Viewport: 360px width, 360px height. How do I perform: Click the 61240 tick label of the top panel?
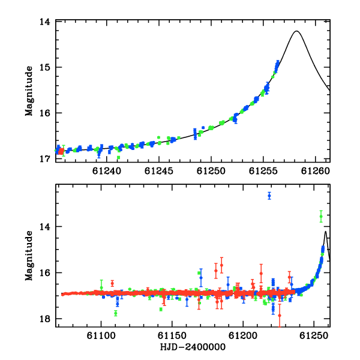[x=107, y=171]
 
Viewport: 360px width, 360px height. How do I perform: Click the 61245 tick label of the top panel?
[x=158, y=171]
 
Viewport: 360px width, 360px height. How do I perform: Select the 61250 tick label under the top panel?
[x=211, y=171]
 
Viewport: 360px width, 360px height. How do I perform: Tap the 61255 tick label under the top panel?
[x=263, y=171]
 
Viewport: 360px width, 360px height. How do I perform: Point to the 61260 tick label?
[x=316, y=171]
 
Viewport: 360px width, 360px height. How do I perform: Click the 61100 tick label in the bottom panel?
[x=101, y=335]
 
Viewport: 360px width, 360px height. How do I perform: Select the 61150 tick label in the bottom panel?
[x=172, y=335]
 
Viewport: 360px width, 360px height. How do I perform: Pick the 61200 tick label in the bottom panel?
[x=243, y=335]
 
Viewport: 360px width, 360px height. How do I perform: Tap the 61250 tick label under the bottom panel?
[x=314, y=335]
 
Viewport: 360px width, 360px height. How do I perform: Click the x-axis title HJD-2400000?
[x=193, y=347]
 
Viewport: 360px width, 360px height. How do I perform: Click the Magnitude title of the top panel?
[x=29, y=91]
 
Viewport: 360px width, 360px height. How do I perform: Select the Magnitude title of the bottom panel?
[x=29, y=256]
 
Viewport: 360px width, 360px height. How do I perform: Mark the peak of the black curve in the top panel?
[x=296, y=31]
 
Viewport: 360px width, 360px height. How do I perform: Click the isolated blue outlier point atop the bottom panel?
[x=269, y=196]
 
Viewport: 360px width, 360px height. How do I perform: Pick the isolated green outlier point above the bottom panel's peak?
[x=321, y=216]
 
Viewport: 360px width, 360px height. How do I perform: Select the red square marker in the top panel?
[x=61, y=151]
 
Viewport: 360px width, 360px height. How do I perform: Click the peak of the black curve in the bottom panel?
[x=325, y=232]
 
